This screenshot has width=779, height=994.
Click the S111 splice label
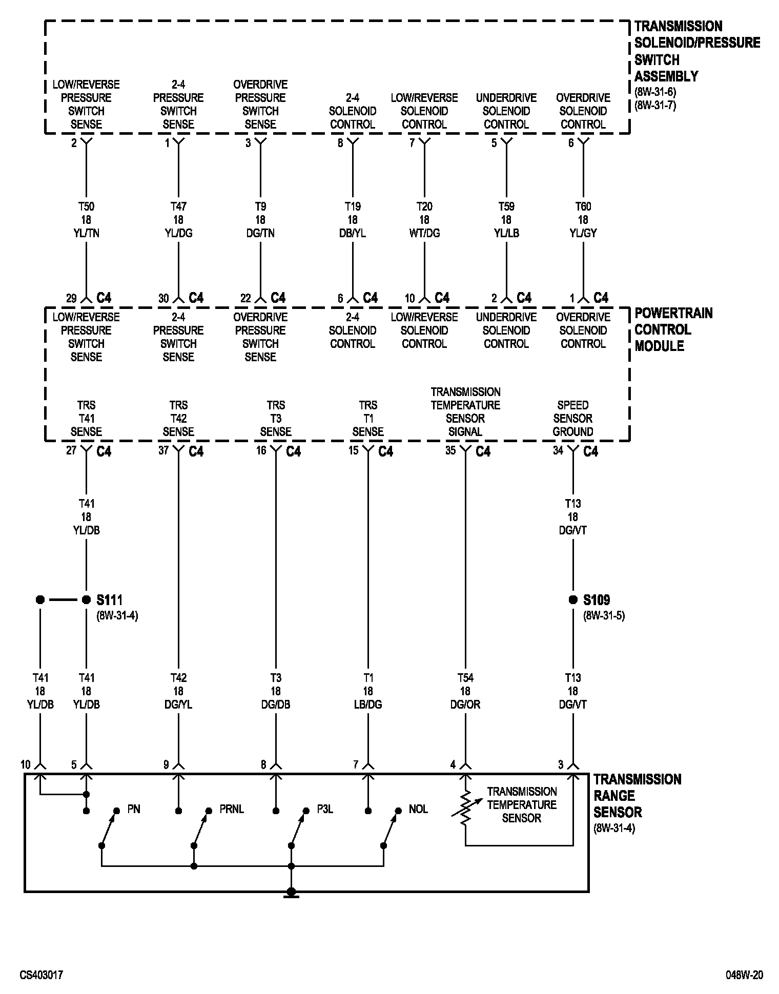(x=109, y=599)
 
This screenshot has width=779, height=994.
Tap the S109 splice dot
(x=573, y=599)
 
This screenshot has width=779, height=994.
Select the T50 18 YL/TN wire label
(x=86, y=220)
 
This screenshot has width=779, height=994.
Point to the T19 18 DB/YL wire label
(x=353, y=220)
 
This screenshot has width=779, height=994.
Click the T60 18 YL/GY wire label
(x=583, y=220)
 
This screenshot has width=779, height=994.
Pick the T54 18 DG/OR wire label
(x=465, y=691)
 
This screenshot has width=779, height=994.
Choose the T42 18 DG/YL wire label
(x=178, y=691)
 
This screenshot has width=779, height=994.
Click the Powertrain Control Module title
(x=673, y=329)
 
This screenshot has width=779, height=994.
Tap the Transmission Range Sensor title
(x=637, y=796)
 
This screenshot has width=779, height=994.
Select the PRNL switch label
(x=232, y=809)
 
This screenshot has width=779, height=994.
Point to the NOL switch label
(x=418, y=809)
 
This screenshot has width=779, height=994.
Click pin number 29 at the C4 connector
(x=71, y=298)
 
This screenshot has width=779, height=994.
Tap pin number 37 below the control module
(x=163, y=450)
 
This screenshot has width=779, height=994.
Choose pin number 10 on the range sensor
(x=26, y=765)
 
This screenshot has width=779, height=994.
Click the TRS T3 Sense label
(x=276, y=419)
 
